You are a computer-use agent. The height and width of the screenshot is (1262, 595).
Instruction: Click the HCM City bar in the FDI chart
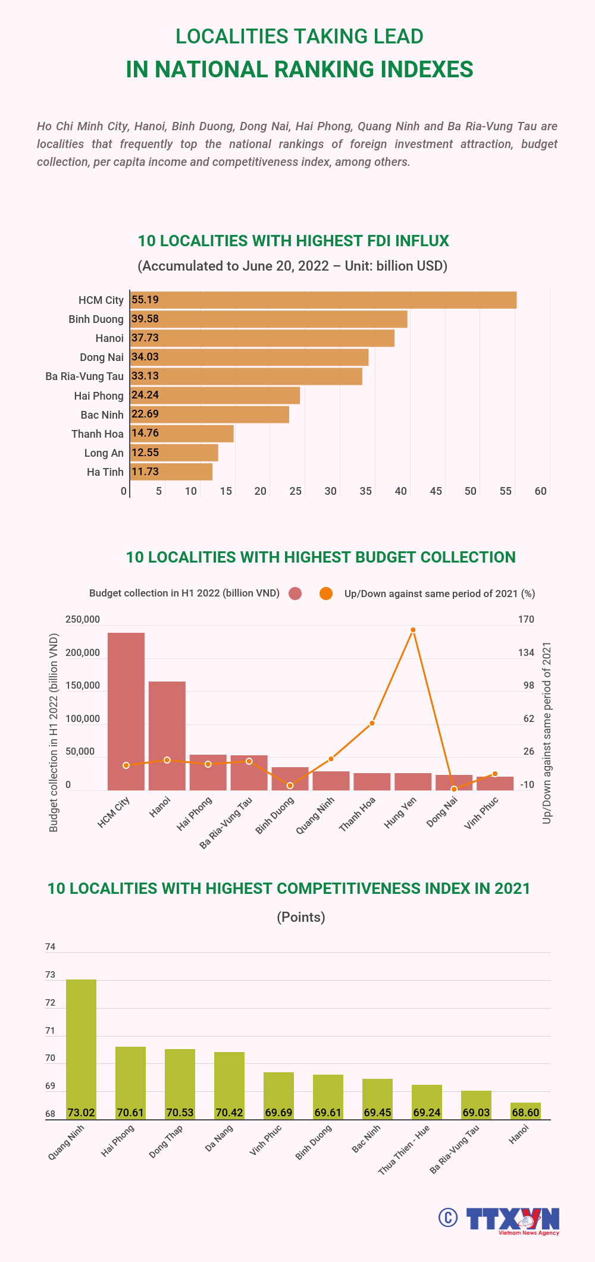pos(323,300)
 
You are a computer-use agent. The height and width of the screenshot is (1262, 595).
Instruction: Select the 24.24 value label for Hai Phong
pos(145,395)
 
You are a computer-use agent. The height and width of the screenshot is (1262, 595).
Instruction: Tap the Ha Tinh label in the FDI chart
pos(105,472)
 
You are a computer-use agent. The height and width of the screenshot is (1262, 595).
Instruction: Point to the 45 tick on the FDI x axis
pos(436,491)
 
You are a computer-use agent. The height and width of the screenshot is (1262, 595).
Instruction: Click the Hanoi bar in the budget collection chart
pos(167,736)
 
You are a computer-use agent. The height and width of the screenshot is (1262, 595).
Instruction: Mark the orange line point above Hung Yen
pos(413,630)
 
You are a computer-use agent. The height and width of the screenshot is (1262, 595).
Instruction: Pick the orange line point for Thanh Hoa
pos(372,723)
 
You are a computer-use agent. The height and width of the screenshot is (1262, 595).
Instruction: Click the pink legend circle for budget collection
pos(295,594)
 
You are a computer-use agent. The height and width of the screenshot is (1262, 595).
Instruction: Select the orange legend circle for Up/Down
pos(326,594)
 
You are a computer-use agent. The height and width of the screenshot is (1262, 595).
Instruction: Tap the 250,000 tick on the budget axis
pos(83,619)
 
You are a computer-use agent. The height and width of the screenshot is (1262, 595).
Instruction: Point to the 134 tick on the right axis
pos(526,652)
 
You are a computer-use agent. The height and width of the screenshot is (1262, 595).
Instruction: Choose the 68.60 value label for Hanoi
pos(525,1112)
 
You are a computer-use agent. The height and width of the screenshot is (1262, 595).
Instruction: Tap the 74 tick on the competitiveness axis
pos(50,946)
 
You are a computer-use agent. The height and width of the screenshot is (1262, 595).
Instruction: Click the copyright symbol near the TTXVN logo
pos(448,1217)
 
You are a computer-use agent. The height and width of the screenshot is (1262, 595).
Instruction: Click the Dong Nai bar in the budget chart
pos(454,783)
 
